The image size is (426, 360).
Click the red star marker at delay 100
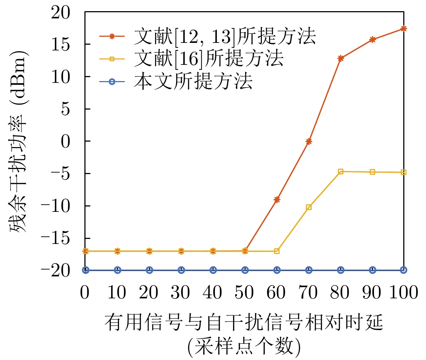tap(404, 28)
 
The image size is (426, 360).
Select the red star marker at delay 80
tap(341, 58)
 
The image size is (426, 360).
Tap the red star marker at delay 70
tap(309, 141)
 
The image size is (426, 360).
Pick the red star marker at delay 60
tap(277, 199)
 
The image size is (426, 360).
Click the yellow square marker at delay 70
tap(309, 207)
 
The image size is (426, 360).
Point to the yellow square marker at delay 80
tap(341, 172)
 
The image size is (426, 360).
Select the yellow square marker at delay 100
tap(404, 172)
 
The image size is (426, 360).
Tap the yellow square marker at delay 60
tap(277, 251)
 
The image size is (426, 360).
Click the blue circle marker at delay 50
tap(245, 270)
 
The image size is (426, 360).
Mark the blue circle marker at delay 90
tap(372, 270)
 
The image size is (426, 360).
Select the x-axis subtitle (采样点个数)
tap(244, 347)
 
